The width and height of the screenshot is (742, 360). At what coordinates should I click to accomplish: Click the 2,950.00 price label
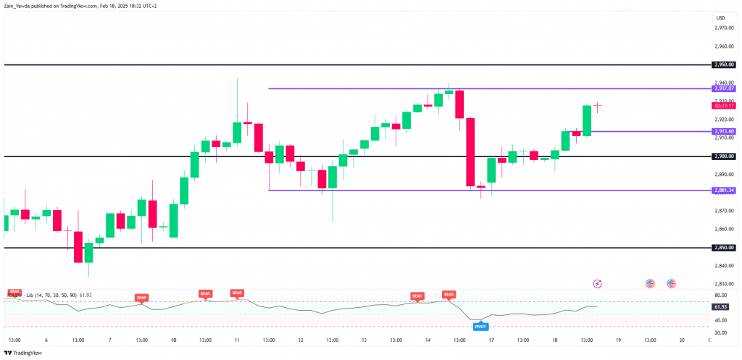(723, 64)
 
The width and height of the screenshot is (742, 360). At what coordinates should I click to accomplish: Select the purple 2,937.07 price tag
(723, 88)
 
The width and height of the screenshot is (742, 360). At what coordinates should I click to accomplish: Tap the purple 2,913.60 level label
(723, 131)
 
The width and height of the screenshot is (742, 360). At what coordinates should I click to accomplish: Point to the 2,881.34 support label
(723, 191)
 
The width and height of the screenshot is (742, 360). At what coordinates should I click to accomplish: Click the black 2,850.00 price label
(723, 248)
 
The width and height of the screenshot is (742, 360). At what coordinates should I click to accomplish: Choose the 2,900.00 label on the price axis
(723, 156)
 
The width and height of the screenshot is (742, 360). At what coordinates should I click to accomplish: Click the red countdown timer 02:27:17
(724, 106)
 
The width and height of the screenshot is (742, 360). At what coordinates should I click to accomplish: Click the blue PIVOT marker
(480, 327)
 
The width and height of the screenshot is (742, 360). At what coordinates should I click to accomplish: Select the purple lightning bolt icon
(598, 283)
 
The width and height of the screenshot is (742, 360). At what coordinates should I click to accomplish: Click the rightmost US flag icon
(671, 283)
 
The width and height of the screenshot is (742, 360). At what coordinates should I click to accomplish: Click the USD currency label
(720, 17)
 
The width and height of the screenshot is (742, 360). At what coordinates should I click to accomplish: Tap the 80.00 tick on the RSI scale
(721, 295)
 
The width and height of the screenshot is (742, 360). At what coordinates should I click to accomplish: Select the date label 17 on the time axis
(491, 340)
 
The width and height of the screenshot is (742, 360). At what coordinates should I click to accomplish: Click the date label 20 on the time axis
(682, 340)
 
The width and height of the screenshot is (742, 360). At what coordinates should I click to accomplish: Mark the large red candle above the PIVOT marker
(470, 152)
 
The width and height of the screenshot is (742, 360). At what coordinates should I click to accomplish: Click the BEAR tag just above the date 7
(141, 298)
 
